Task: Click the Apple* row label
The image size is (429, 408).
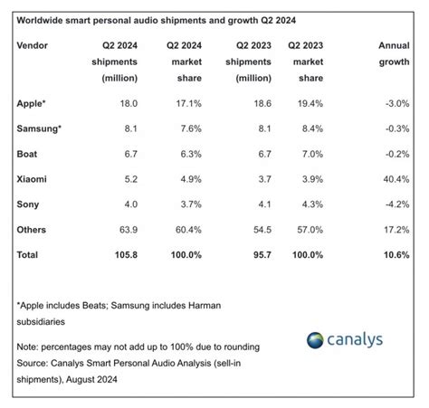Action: click(x=32, y=105)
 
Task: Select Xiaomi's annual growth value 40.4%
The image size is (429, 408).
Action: click(x=398, y=180)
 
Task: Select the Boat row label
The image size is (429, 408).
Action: click(x=27, y=155)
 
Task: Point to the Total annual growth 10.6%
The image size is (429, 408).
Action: click(x=397, y=256)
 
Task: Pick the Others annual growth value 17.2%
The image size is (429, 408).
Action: click(x=398, y=231)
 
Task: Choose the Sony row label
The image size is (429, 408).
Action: click(x=27, y=205)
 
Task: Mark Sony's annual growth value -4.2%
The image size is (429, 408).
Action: click(x=399, y=205)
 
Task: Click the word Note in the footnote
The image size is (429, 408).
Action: click(x=28, y=346)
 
